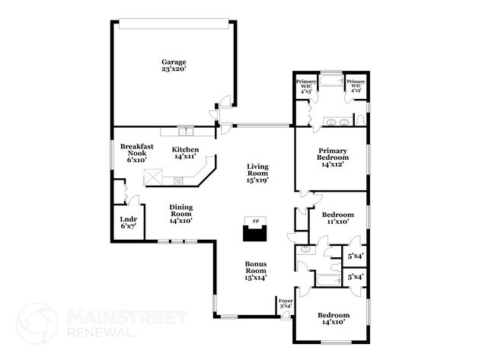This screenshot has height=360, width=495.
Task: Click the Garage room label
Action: click(x=174, y=65)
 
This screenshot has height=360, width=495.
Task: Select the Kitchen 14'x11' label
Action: click(x=185, y=153)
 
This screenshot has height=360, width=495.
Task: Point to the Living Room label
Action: click(x=258, y=174)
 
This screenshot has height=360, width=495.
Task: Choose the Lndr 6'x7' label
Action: click(x=128, y=223)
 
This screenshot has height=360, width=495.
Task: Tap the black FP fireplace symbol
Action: click(x=254, y=231)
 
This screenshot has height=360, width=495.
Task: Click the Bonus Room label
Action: click(x=255, y=270)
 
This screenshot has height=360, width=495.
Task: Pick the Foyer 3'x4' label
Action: click(x=286, y=304)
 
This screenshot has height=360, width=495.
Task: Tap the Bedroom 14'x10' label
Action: click(x=334, y=319)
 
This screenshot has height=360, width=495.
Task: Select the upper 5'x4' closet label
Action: click(x=356, y=256)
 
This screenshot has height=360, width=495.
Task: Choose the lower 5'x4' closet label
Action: click(x=356, y=279)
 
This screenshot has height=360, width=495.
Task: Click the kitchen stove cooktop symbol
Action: click(x=180, y=180)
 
